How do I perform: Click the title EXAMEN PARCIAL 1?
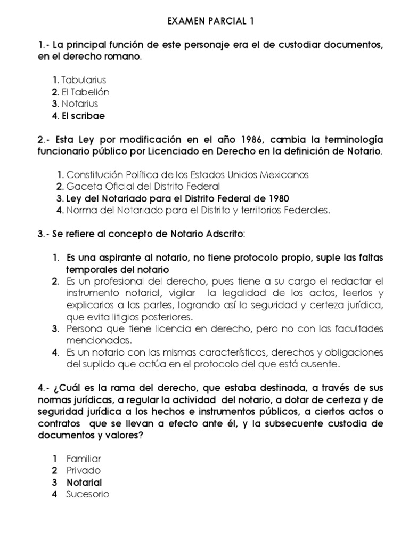point(204,21)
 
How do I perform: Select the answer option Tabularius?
point(84,80)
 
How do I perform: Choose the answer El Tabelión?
point(85,92)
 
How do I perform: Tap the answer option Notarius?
point(80,103)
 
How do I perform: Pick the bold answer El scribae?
point(83,115)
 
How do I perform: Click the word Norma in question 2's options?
point(80,210)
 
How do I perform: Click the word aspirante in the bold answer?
point(113,258)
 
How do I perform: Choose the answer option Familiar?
point(84,459)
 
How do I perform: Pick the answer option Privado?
point(84,470)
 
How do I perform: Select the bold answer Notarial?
point(84,482)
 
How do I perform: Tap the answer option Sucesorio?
point(88,494)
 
